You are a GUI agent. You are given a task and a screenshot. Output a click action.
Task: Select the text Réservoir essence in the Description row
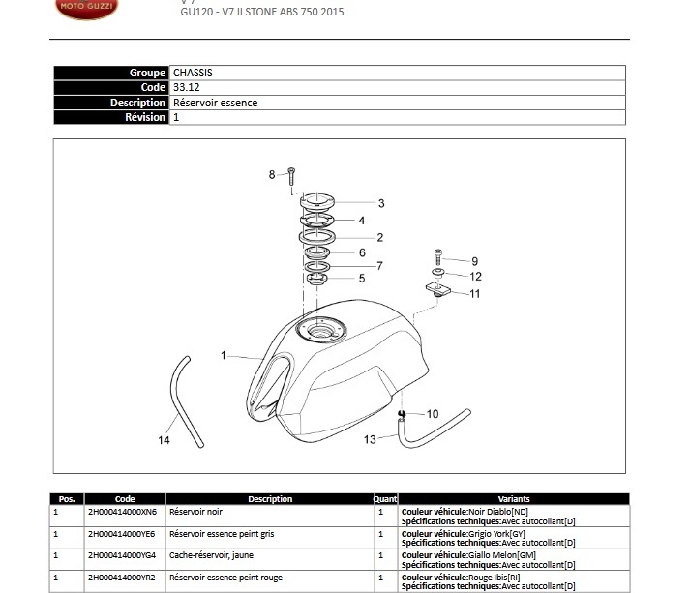point(215,103)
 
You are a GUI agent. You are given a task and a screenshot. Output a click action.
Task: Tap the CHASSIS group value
point(193,73)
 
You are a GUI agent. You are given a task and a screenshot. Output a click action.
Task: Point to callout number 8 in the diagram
point(272,174)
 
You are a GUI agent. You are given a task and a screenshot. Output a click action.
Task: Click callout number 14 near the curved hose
point(164,440)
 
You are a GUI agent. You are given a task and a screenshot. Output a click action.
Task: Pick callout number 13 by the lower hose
point(371,439)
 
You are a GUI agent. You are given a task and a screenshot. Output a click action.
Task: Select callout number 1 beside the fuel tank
point(223,355)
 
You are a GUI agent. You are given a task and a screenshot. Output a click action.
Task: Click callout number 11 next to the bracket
point(474,293)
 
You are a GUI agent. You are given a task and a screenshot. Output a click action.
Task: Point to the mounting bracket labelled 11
point(438,288)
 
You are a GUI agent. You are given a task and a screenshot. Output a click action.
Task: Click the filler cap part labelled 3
point(317,202)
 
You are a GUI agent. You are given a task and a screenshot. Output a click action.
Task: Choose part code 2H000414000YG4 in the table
point(122,554)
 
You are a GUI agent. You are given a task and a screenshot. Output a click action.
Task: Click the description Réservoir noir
point(195,511)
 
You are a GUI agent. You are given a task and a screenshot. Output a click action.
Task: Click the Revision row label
point(145,117)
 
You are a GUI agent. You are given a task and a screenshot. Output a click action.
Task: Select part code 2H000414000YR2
point(121,577)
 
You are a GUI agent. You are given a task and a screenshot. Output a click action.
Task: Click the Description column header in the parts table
point(270,499)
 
